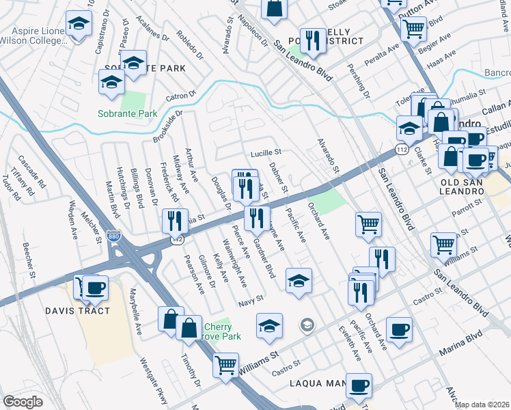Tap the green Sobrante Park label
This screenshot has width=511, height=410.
[127, 113]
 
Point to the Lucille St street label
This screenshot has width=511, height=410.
[266, 153]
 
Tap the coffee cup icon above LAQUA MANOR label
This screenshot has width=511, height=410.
[359, 386]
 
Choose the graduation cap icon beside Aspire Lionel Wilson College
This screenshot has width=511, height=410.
[79, 25]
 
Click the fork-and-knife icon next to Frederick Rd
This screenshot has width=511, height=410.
[175, 221]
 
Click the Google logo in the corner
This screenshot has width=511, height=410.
[23, 402]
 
